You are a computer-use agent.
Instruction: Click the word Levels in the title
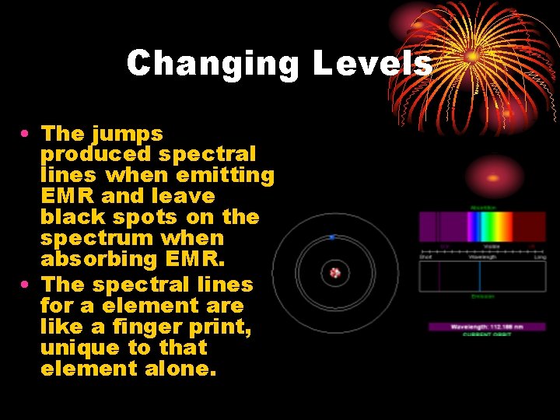pos(373,63)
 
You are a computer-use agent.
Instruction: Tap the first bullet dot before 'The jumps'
pos(26,135)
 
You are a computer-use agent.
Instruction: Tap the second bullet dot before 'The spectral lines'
pos(26,285)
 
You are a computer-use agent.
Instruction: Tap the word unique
pos(75,348)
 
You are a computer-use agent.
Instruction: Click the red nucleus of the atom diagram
pos(335,273)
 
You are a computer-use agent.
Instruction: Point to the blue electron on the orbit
pos(332,236)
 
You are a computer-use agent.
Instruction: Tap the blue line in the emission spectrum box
pos(480,276)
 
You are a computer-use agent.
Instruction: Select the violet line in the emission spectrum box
pos(439,276)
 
